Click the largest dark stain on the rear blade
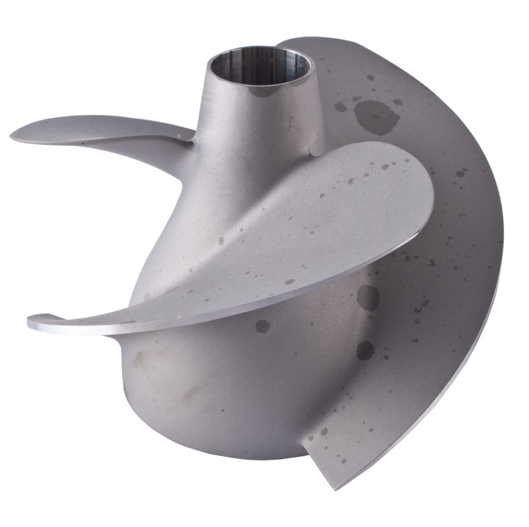376,116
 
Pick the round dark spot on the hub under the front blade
262,326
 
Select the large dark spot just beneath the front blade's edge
368,297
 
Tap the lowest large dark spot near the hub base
365,350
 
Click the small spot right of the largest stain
397,102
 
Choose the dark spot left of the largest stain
340,106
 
